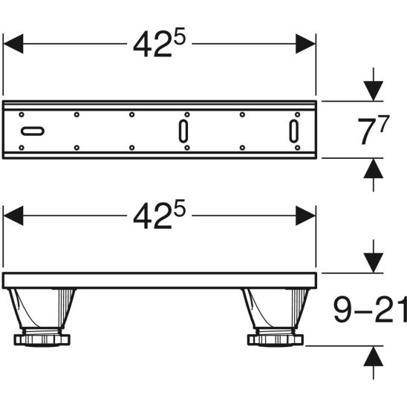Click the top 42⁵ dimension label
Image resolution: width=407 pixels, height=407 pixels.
point(159,44)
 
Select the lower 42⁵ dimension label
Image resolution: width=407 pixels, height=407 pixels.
point(159,216)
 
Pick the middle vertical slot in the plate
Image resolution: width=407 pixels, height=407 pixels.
point(183,131)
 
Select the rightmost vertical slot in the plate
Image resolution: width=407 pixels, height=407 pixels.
point(294,131)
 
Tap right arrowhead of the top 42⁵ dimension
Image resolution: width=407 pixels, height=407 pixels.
point(306,44)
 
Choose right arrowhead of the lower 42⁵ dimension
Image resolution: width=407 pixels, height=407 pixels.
point(306,216)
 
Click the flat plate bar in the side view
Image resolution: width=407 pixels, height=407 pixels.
point(159,281)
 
